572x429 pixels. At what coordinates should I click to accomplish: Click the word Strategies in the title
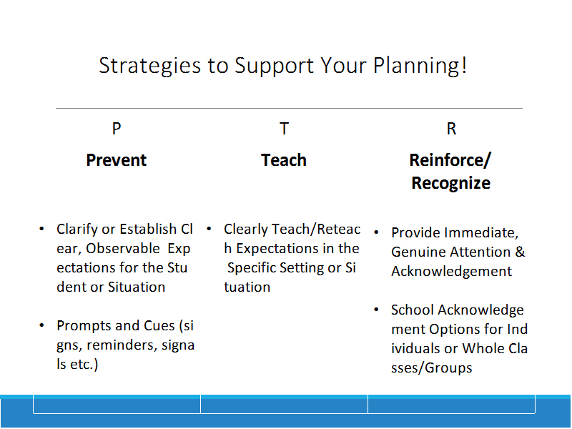(149, 66)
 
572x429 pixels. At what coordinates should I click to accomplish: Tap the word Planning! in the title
(420, 66)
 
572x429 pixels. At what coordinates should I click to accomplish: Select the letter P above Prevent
(117, 129)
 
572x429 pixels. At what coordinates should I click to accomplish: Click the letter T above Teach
(284, 129)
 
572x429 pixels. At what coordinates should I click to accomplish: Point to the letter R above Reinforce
(451, 129)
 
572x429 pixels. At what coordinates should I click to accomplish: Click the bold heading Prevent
(117, 160)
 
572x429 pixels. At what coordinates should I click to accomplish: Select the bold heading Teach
(284, 160)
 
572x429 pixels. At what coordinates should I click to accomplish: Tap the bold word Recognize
(451, 183)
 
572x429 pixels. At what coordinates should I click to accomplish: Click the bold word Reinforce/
(450, 160)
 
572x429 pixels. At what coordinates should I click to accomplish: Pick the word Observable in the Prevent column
(123, 248)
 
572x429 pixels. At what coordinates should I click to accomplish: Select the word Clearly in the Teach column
(246, 230)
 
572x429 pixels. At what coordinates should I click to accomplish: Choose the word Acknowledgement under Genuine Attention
(452, 272)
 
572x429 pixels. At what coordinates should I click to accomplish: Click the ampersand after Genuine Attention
(520, 252)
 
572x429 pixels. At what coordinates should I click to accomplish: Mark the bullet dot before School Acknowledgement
(377, 310)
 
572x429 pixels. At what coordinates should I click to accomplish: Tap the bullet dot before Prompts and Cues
(41, 325)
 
